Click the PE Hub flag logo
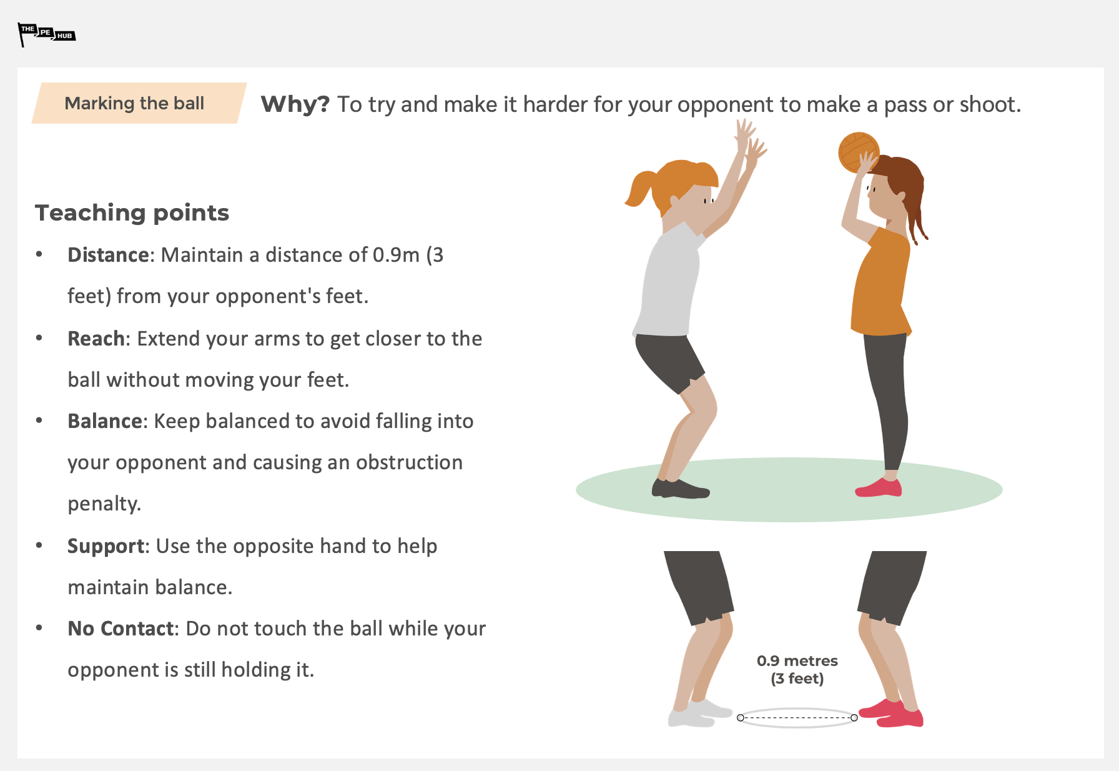pyautogui.click(x=47, y=34)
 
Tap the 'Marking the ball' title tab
pyautogui.click(x=139, y=103)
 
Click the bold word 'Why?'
pyautogui.click(x=295, y=104)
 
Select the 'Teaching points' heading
pyautogui.click(x=132, y=213)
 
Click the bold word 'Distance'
pyautogui.click(x=109, y=255)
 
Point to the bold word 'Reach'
pyautogui.click(x=96, y=339)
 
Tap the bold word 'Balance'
pyautogui.click(x=106, y=421)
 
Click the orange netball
pyautogui.click(x=858, y=152)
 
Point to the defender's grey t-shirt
pyautogui.click(x=668, y=281)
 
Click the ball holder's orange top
pyautogui.click(x=881, y=284)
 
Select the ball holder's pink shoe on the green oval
pyautogui.click(x=879, y=488)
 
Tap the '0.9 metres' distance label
pyautogui.click(x=797, y=661)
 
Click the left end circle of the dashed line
pyautogui.click(x=740, y=718)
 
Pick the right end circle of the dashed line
pyautogui.click(x=854, y=718)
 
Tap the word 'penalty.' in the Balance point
pyautogui.click(x=104, y=504)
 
